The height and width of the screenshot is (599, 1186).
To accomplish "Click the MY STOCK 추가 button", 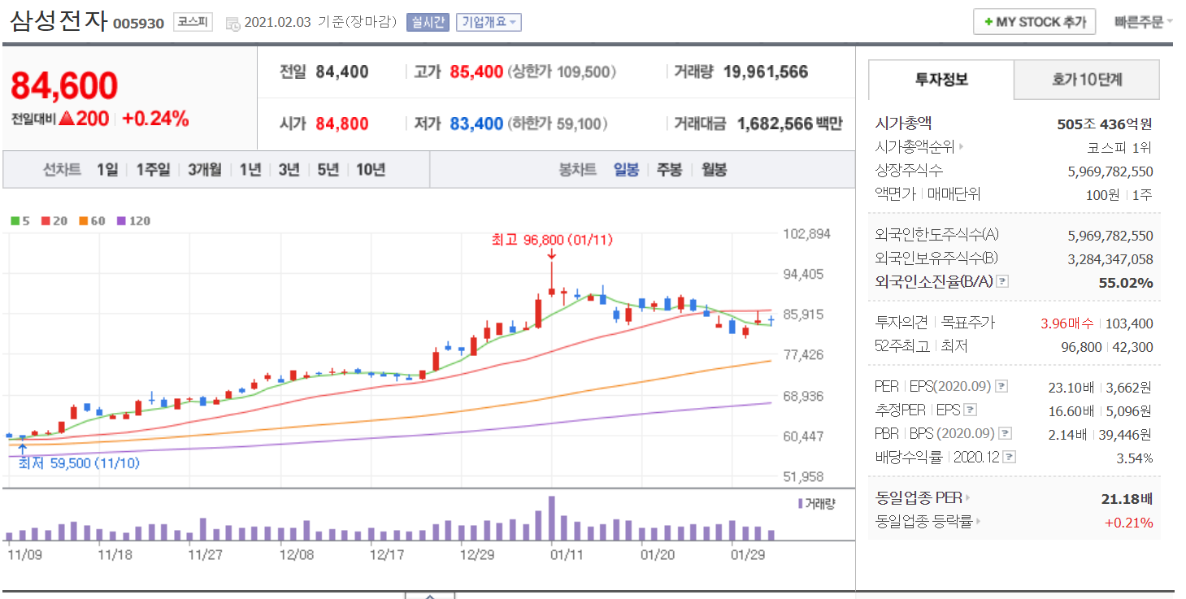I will click(x=1034, y=22).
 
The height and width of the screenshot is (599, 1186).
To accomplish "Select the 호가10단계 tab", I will click(x=1086, y=80).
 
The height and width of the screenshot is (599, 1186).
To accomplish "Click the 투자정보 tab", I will click(x=941, y=80).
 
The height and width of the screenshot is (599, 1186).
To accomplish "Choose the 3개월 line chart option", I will click(x=204, y=170).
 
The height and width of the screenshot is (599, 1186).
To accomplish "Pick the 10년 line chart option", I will click(x=371, y=170).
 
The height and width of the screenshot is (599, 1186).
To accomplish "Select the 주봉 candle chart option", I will click(x=669, y=170).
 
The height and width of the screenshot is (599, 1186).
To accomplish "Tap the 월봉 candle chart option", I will click(x=714, y=170).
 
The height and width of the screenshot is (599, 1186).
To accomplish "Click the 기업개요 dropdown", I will click(x=489, y=22).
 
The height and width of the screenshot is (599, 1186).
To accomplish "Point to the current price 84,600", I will click(x=64, y=86).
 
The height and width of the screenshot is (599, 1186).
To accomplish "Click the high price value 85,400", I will click(x=476, y=72).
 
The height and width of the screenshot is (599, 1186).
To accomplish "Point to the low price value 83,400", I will click(x=476, y=124).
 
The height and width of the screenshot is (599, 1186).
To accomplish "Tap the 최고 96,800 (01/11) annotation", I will click(x=552, y=241).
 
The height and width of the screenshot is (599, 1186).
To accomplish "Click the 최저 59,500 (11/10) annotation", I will click(x=79, y=463).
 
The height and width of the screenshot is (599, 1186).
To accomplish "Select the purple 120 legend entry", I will click(x=134, y=221).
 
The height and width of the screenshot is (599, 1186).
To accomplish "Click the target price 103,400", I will click(x=1128, y=323).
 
